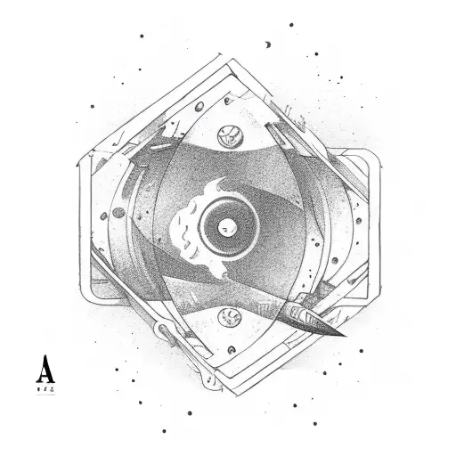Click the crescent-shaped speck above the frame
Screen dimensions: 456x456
pos(267,43)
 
